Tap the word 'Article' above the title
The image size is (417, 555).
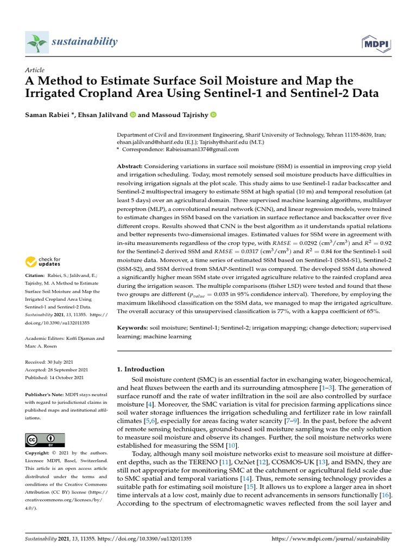click(x=35, y=70)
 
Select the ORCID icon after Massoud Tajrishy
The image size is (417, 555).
click(x=213, y=115)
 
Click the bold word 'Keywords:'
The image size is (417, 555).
click(x=134, y=328)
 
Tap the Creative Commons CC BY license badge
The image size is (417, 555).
click(x=45, y=440)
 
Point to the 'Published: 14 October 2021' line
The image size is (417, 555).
click(x=54, y=377)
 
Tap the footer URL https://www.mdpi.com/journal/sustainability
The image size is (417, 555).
click(x=330, y=539)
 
